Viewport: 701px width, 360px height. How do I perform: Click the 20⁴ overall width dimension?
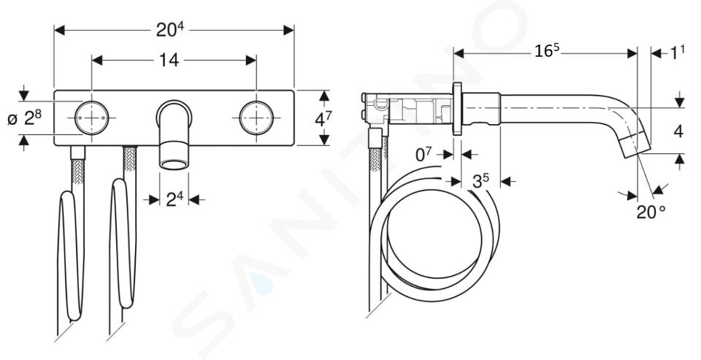pos(170,29)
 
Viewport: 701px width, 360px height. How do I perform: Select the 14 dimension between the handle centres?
pos(170,60)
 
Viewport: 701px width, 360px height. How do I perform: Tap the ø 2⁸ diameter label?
pos(25,118)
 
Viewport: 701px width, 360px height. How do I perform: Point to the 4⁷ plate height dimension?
pos(323,120)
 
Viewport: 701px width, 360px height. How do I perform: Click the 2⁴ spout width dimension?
pos(175,199)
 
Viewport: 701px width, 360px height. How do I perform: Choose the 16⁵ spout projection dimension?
pos(547,52)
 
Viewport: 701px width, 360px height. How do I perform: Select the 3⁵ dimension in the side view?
pos(480,181)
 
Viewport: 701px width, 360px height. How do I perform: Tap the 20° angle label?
pos(651,212)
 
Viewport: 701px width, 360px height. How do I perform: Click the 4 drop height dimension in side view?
pos(678,131)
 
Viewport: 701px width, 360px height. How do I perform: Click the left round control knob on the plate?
pos(92,118)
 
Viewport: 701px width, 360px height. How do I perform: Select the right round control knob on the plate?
pos(256,118)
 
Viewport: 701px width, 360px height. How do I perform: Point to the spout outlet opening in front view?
pos(174,165)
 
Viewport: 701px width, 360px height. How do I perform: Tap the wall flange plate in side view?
pos(457,108)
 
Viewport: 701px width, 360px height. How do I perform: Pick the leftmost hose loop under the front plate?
pos(71,255)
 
